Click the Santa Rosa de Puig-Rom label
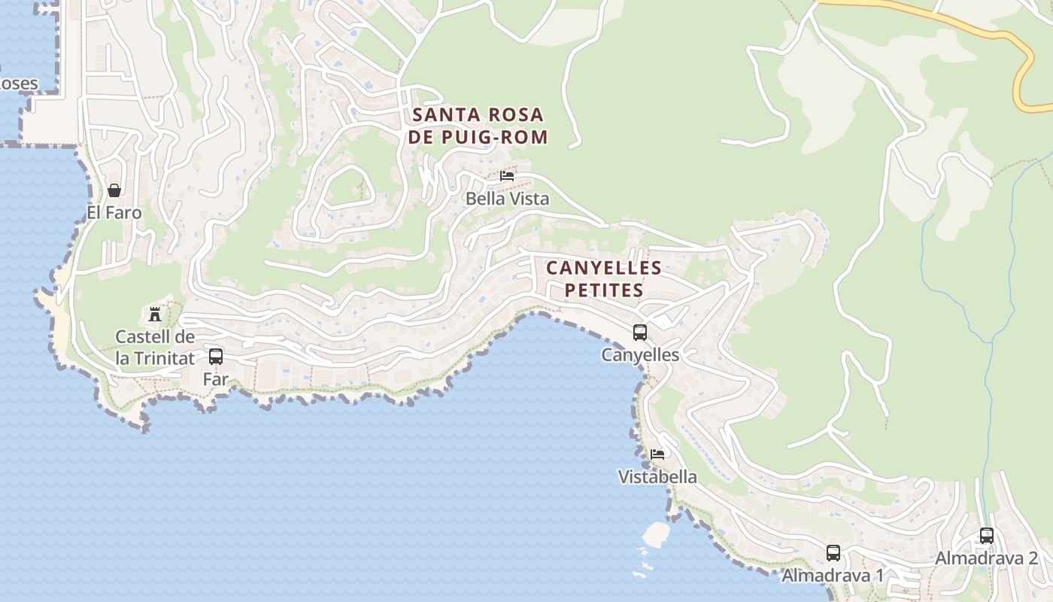click(478, 126)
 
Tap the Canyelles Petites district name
click(604, 279)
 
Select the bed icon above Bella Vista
click(507, 176)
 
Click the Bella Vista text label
click(507, 199)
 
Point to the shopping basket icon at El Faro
click(114, 190)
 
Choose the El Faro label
click(114, 213)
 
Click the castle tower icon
click(155, 314)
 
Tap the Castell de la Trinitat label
click(155, 348)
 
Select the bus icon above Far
click(216, 357)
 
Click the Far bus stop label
click(216, 379)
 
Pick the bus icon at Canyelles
click(640, 332)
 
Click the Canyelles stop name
click(640, 355)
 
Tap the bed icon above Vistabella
click(657, 454)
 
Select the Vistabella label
click(657, 477)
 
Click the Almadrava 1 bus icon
click(833, 553)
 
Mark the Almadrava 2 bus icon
click(987, 536)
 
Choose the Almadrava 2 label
click(987, 558)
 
